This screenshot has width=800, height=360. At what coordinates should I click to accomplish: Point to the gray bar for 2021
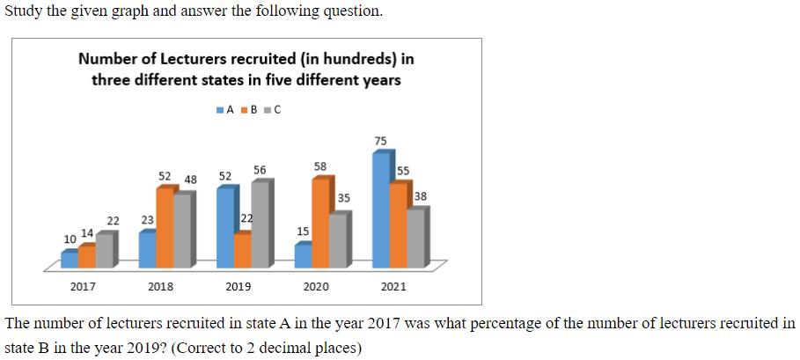coord(418,237)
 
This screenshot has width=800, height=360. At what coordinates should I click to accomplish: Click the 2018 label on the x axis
coord(160,287)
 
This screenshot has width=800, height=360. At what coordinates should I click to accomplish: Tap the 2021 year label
coord(394,287)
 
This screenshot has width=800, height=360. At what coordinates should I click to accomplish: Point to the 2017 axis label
coord(83,287)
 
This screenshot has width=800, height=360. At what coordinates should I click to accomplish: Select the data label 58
coord(320,166)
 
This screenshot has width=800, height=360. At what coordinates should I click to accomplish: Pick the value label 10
coord(70,239)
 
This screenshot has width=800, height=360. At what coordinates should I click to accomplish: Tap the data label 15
coord(303,231)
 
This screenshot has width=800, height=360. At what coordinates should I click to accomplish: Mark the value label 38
coord(421,196)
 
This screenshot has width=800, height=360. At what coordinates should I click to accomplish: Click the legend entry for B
coord(248,110)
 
